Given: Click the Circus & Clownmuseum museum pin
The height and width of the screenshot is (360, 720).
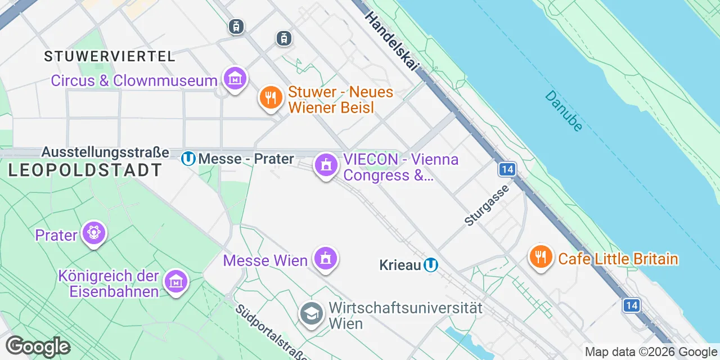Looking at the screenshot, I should [x=235, y=79].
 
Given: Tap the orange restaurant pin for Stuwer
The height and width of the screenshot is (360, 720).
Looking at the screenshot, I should [x=271, y=98].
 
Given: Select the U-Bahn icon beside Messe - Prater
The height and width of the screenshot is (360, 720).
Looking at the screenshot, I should [x=188, y=159].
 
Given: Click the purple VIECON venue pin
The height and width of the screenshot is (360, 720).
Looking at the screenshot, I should [x=326, y=165].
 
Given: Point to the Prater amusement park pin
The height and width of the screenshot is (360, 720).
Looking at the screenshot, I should [x=93, y=232].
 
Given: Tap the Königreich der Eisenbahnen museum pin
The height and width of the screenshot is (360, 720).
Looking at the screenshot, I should [x=176, y=281].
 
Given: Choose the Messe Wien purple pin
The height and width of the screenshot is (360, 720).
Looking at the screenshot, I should [x=325, y=259].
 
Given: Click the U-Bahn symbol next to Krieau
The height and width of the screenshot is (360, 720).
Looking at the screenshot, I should [x=431, y=265].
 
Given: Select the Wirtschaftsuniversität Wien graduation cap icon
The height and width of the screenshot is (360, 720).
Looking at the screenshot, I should [x=311, y=314].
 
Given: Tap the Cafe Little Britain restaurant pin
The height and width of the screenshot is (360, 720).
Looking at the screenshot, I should [x=541, y=257].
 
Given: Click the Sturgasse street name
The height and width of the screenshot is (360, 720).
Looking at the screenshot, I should [x=487, y=205].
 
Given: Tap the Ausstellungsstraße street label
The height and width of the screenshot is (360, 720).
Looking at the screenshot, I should [x=105, y=152].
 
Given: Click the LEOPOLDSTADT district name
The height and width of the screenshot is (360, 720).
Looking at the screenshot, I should [x=85, y=170].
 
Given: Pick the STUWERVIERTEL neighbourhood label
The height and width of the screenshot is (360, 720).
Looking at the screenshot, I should [x=110, y=56].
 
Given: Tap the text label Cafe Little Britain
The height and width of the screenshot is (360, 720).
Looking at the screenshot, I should [x=618, y=259].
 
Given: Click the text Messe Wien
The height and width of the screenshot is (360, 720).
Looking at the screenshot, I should [x=265, y=260].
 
